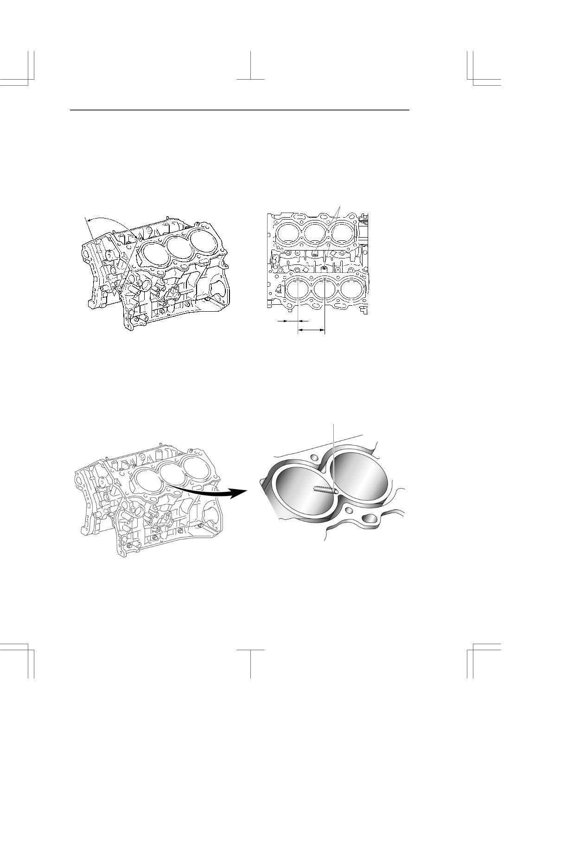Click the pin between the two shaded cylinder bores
click(324, 489)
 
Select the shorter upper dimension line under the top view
click(290, 320)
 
